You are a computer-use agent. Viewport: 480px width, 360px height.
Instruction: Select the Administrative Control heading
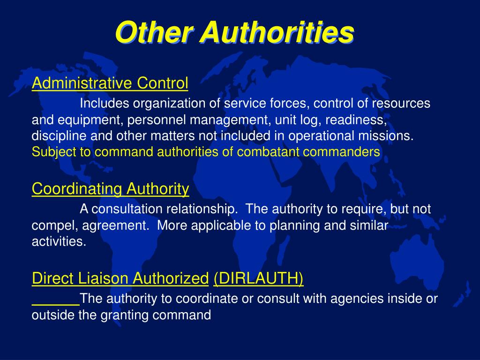(x=110, y=83)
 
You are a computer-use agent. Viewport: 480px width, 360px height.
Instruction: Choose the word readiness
(x=357, y=120)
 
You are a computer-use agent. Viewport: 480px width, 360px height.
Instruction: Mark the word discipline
(x=53, y=136)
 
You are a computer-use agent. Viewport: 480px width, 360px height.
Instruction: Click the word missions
(x=391, y=136)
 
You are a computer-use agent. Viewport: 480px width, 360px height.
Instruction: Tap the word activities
(x=59, y=241)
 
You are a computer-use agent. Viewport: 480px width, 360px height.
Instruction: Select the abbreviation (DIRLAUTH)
(x=258, y=279)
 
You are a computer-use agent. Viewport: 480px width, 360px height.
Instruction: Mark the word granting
(x=124, y=315)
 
